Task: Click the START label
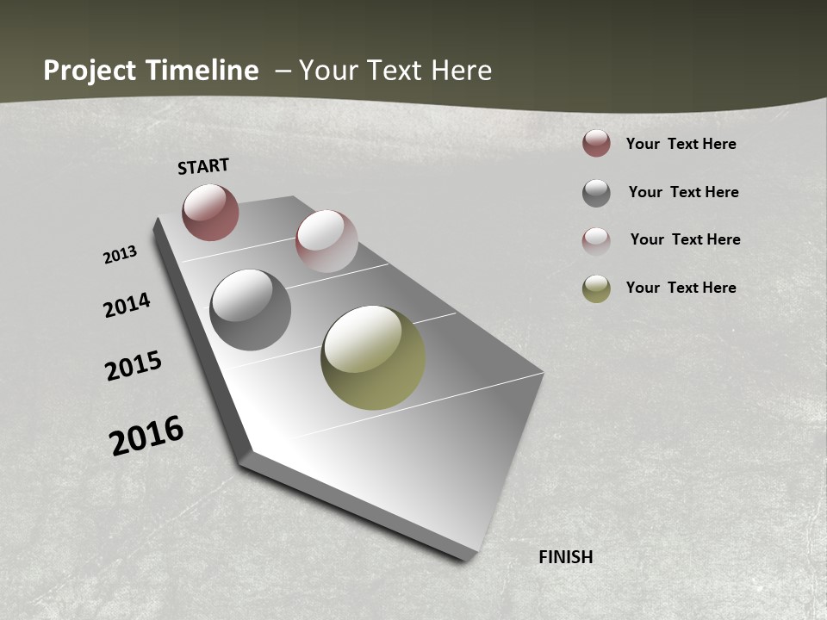pos(203,165)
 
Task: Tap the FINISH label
pos(566,557)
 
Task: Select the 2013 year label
pos(121,255)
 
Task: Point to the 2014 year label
pos(127,305)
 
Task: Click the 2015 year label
pos(134,366)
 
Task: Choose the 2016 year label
pos(146,436)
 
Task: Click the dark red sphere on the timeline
pos(210,212)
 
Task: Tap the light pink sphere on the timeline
pos(326,240)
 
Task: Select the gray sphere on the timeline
pos(250,310)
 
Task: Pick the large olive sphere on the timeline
pos(373,357)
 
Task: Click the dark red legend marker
pos(596,144)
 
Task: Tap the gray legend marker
pos(596,193)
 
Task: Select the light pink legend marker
pos(596,240)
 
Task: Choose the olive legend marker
pos(596,288)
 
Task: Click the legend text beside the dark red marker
pos(681,144)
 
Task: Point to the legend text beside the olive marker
pos(681,288)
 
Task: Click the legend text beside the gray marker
pos(683,192)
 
